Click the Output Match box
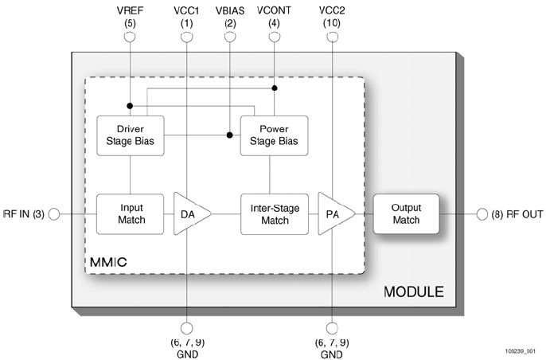tap(407, 213)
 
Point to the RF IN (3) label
tap(24, 213)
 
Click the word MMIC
tap(109, 260)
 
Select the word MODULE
tap(414, 292)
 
